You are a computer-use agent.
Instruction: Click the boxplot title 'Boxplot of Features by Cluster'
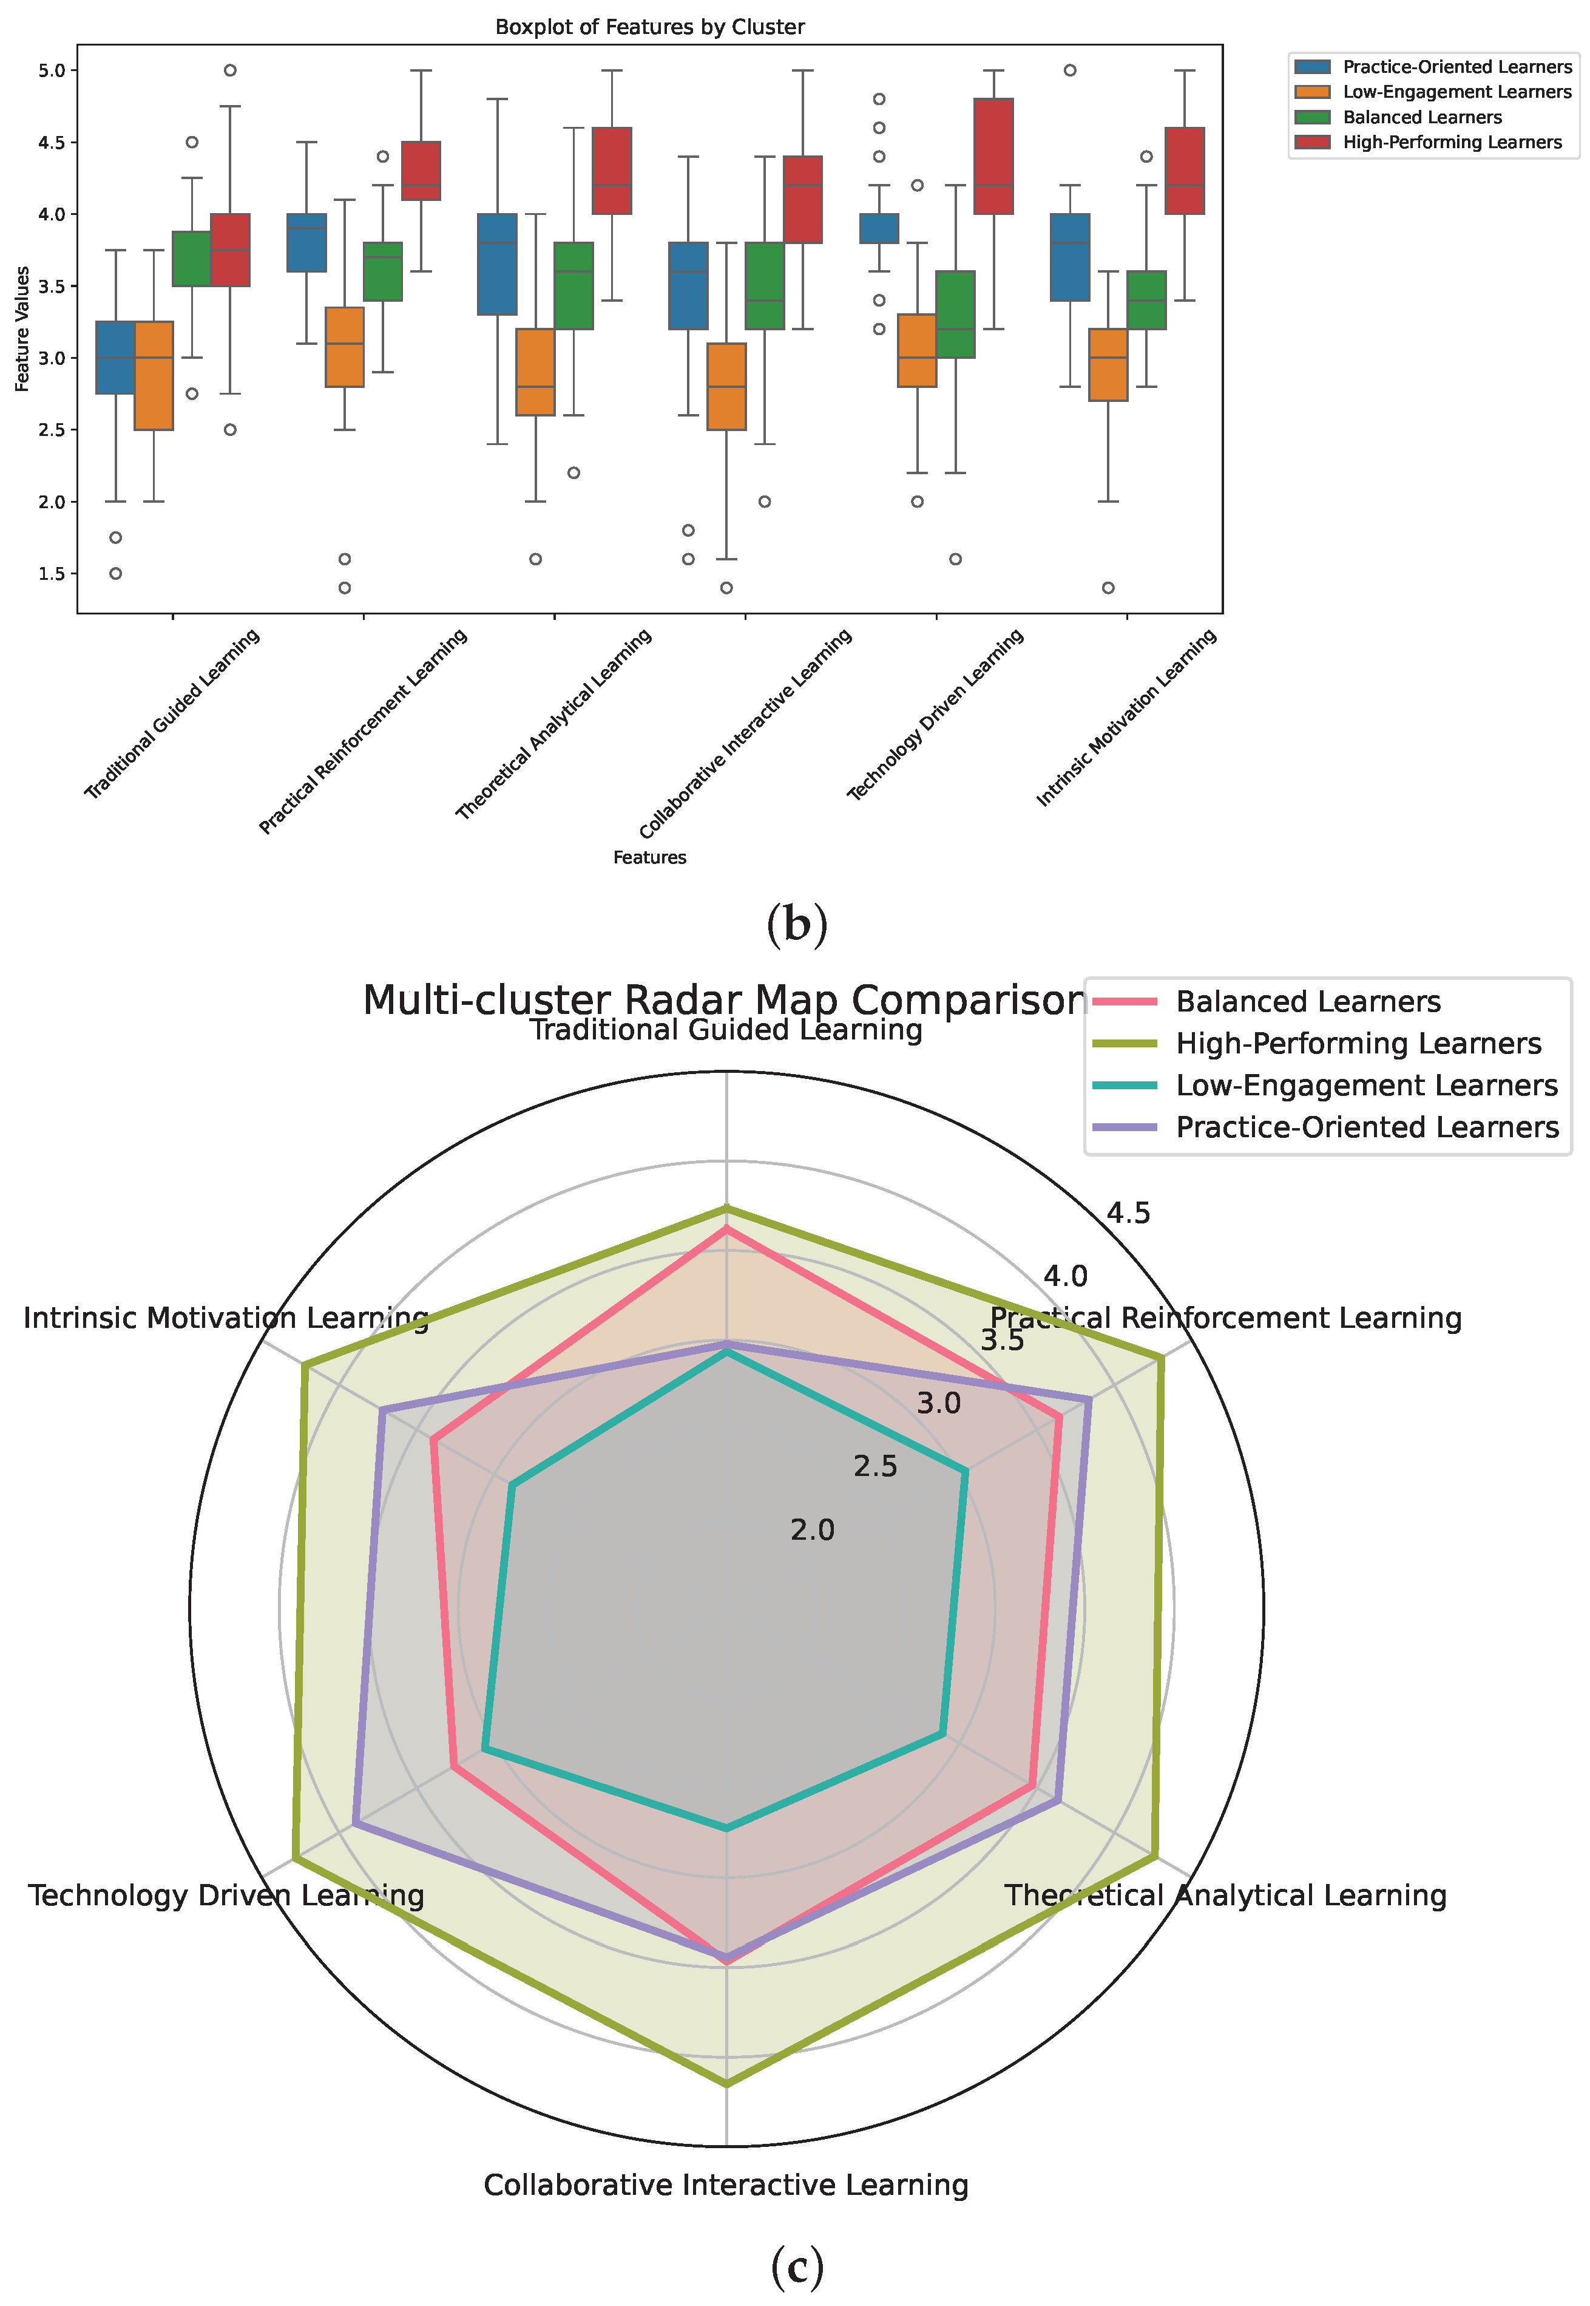pyautogui.click(x=649, y=27)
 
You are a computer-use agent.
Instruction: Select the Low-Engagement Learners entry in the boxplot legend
pyautogui.click(x=1455, y=92)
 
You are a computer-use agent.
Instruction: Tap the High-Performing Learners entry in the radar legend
pyautogui.click(x=1358, y=1043)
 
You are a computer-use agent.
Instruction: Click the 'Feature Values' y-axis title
pyautogui.click(x=22, y=329)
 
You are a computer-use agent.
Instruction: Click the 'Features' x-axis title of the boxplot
pyautogui.click(x=649, y=857)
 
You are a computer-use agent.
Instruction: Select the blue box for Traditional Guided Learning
pyautogui.click(x=115, y=357)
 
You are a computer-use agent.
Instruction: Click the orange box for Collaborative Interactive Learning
pyautogui.click(x=726, y=386)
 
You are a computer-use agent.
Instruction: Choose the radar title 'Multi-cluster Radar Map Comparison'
pyautogui.click(x=723, y=999)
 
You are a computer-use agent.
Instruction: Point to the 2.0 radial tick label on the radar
pyautogui.click(x=813, y=1529)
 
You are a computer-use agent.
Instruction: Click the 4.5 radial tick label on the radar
pyautogui.click(x=1129, y=1213)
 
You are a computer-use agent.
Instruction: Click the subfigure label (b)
pyautogui.click(x=797, y=925)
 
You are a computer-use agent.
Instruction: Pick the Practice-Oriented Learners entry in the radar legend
pyautogui.click(x=1367, y=1127)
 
